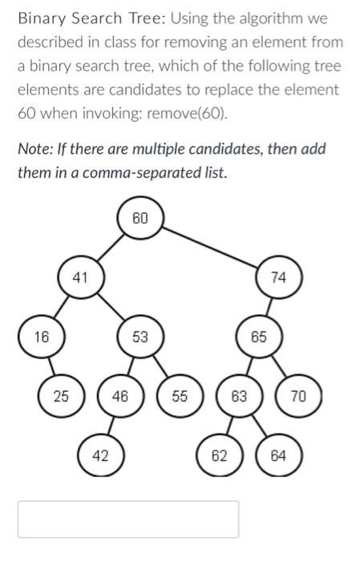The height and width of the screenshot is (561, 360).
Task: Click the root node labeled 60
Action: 140,219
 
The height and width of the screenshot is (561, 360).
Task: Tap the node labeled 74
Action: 278,277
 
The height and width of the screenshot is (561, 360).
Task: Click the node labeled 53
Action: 140,337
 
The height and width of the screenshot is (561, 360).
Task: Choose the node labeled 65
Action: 258,337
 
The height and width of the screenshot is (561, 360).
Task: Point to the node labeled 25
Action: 61,395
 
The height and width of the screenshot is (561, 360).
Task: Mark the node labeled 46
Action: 120,395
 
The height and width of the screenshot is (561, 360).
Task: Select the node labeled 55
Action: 180,395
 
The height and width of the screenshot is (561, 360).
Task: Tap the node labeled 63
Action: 239,395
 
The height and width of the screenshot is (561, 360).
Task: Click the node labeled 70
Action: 298,395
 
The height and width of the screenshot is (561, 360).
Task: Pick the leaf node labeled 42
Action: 100,455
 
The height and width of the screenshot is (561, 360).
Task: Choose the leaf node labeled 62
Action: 219,455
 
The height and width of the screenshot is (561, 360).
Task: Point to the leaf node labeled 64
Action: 278,455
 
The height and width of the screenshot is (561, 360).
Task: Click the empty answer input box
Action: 128,519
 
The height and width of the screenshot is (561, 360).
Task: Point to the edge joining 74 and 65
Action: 269,307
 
